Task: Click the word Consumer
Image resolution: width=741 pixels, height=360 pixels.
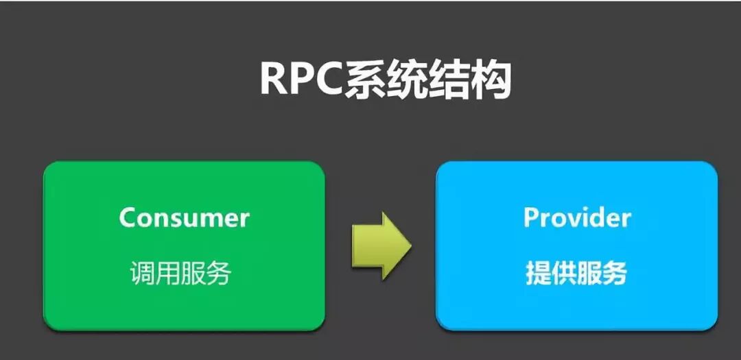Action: coord(184,218)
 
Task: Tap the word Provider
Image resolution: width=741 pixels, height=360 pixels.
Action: coord(576,217)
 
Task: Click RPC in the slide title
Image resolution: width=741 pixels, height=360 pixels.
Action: coord(302,80)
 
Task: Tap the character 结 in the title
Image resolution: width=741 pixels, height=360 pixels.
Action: coord(450,80)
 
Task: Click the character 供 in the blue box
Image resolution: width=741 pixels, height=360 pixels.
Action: coord(563,274)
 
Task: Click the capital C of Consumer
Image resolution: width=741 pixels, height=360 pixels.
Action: coord(128,218)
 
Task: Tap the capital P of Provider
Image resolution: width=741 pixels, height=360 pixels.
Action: coord(531,217)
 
